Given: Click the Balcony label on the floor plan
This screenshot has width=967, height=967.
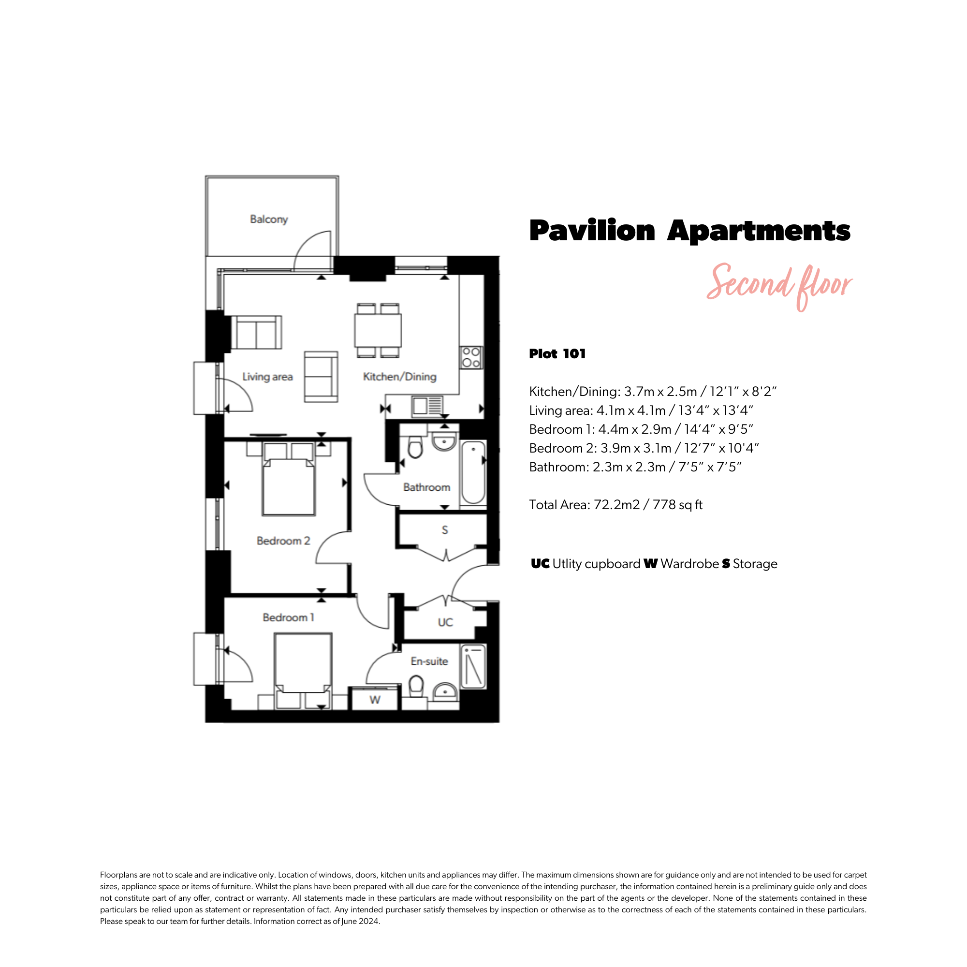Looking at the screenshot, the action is [x=269, y=219].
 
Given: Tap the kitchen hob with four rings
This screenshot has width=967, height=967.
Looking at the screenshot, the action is [x=471, y=357].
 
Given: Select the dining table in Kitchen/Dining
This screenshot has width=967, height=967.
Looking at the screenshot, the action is [x=378, y=330].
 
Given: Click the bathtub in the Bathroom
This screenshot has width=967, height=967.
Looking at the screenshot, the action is [x=473, y=472].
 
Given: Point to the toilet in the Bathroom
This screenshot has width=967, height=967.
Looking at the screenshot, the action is [x=415, y=445].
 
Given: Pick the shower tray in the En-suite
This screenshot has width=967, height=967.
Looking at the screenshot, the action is [x=473, y=666].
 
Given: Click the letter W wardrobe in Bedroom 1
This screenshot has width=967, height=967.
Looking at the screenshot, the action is [x=375, y=700].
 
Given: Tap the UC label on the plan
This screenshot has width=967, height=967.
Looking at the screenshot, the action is [x=445, y=622].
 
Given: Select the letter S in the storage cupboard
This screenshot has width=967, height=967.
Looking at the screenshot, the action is [x=444, y=529].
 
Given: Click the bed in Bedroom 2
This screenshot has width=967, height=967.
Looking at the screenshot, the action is [x=289, y=479].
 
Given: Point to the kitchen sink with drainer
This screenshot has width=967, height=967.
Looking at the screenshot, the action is [x=427, y=406].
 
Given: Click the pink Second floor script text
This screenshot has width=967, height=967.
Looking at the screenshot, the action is [x=779, y=286].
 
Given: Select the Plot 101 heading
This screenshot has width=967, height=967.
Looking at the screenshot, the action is [x=557, y=354].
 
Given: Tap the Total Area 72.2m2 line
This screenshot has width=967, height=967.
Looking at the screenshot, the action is [x=615, y=504].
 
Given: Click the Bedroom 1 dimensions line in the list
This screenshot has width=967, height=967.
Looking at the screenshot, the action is [x=641, y=429].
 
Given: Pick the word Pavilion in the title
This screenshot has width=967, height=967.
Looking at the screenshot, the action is [x=592, y=231].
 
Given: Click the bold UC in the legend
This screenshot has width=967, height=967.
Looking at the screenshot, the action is [x=540, y=564].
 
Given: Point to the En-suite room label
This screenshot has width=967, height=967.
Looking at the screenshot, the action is [x=429, y=661].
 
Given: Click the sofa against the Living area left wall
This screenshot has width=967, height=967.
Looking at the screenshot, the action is [x=256, y=332].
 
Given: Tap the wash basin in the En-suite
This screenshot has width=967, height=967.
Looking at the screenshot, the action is [x=444, y=691].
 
